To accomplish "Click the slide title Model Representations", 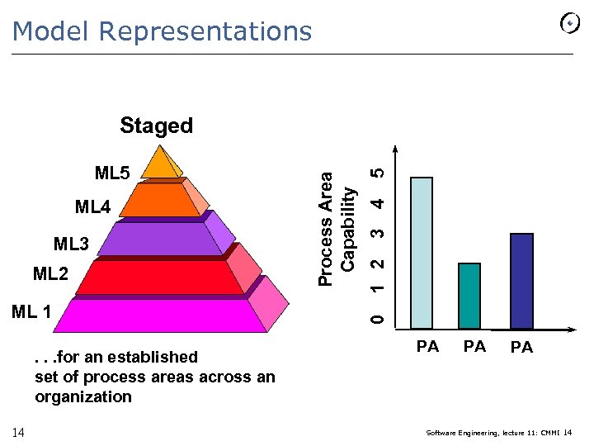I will point(163,31).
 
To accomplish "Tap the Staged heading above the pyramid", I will point(156,126).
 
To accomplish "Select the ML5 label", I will point(112,173).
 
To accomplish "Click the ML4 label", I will point(92,206).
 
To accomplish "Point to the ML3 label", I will point(71,244).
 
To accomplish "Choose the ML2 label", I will point(50,273).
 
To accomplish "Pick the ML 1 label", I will point(31,312).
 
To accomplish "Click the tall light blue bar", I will point(422,253).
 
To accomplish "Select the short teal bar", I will point(469,296).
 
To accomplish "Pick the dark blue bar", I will point(521,281).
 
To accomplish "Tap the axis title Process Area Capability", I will point(337,228).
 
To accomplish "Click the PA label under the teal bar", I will point(474,347).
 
